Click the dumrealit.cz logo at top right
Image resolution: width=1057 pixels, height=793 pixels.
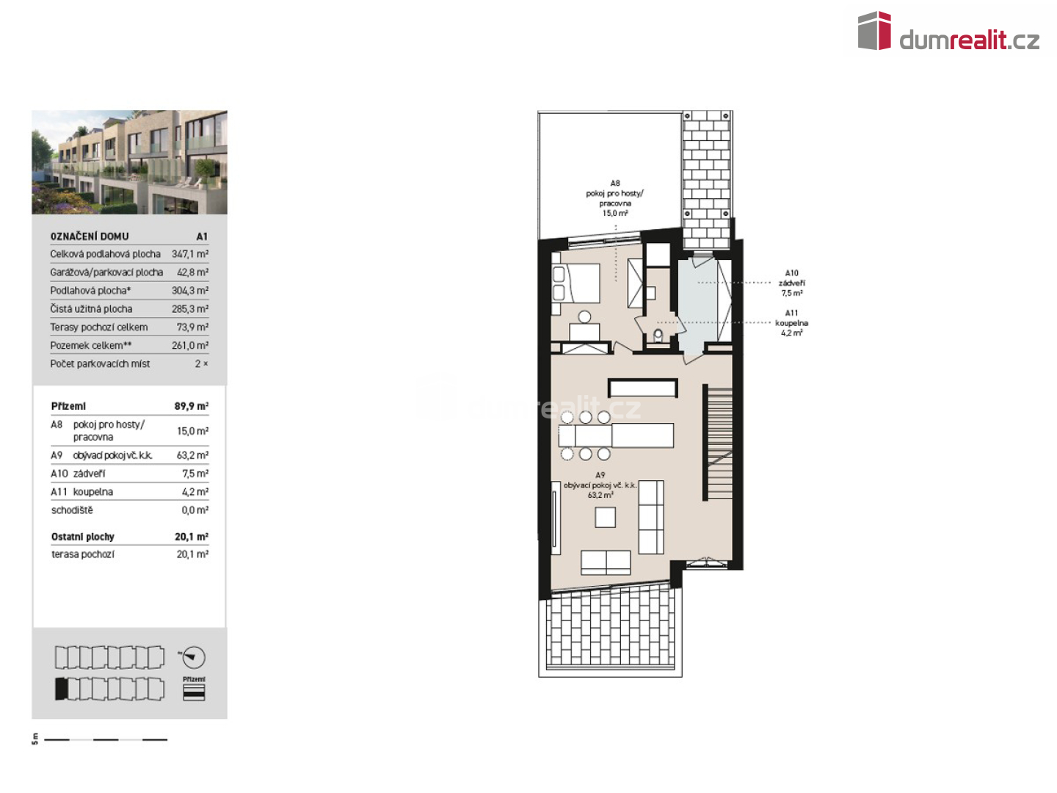pyautogui.click(x=947, y=31)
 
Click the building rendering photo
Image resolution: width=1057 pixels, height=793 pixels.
pyautogui.click(x=129, y=162)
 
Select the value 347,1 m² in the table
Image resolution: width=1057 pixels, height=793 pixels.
pyautogui.click(x=189, y=254)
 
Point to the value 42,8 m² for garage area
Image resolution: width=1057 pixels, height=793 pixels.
pyautogui.click(x=192, y=272)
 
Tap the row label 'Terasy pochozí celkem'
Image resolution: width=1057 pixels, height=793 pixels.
pyautogui.click(x=98, y=327)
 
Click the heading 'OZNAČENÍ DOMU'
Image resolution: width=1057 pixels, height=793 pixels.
pyautogui.click(x=90, y=236)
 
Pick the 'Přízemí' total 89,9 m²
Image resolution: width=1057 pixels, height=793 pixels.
pyautogui.click(x=191, y=406)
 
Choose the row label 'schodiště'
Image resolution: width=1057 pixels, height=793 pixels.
pyautogui.click(x=72, y=510)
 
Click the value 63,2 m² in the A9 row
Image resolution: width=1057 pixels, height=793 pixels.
pyautogui.click(x=192, y=455)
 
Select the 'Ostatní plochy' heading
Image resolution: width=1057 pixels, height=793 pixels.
pyautogui.click(x=82, y=536)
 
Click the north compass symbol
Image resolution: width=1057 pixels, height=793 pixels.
pyautogui.click(x=194, y=657)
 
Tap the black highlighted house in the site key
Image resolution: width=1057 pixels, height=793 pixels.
pyautogui.click(x=61, y=689)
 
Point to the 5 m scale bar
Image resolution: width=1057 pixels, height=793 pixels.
pyautogui.click(x=106, y=739)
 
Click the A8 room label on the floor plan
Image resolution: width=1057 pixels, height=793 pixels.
pyautogui.click(x=614, y=198)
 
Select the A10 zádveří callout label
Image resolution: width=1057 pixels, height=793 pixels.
pyautogui.click(x=792, y=283)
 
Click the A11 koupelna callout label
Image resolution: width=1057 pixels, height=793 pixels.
pyautogui.click(x=791, y=322)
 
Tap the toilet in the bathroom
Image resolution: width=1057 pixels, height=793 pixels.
pyautogui.click(x=658, y=335)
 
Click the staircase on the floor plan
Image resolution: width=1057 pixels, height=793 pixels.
pyautogui.click(x=719, y=443)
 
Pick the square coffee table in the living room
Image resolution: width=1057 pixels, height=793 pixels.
pyautogui.click(x=605, y=517)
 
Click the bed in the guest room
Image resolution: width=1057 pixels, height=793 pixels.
pyautogui.click(x=576, y=283)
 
